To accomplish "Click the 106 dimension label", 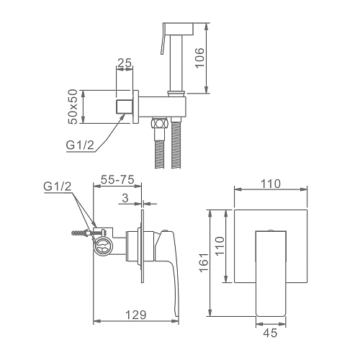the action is pos(199,58).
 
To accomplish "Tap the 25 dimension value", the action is pos(125,63).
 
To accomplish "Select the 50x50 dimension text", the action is pos(73,107).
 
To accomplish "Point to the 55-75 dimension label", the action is pos(117,179).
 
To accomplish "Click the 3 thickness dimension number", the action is pos(125,198).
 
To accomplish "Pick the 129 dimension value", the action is pos(135,315).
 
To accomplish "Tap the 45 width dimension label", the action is pos(270,333).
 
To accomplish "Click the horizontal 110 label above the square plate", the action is pos(271,184).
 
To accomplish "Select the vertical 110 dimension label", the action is pos(220,246).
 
